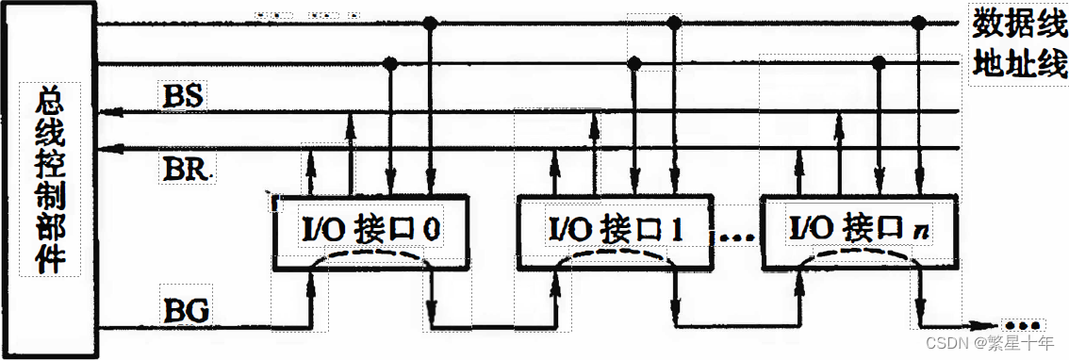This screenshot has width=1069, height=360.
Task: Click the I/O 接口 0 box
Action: click(x=370, y=229)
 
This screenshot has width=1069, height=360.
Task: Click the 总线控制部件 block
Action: click(x=50, y=179)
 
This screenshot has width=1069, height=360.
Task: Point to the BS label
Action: click(x=184, y=95)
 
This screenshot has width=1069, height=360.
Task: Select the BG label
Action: click(x=186, y=308)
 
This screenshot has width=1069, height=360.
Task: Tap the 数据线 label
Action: click(x=1018, y=22)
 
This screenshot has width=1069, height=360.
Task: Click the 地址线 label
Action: click(x=1018, y=65)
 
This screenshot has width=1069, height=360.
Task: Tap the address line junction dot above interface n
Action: click(x=879, y=63)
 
